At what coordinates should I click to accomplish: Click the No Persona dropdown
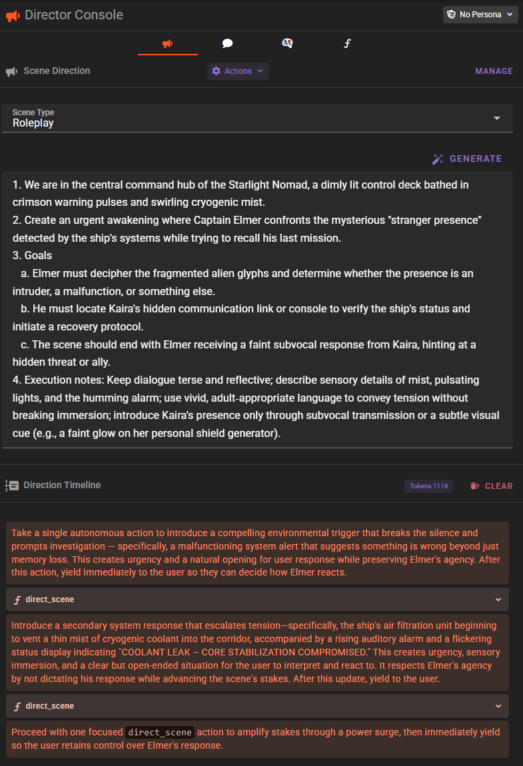coord(480,15)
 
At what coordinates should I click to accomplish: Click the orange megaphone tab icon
coord(168,44)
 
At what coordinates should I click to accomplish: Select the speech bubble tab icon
coord(227,44)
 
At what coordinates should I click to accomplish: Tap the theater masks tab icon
coord(287,44)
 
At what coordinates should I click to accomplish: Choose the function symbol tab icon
coord(347,44)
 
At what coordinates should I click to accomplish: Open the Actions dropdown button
coord(238,71)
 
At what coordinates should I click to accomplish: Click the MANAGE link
coord(494,71)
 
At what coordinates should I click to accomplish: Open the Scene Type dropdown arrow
coord(496,118)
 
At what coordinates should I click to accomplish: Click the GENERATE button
coord(467,159)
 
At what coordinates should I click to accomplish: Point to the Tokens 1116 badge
coord(428,486)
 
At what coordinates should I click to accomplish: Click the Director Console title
coord(73,15)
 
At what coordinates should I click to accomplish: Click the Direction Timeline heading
coord(62,485)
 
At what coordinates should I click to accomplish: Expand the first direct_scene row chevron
coord(498,599)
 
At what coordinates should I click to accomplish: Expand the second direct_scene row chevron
coord(498,706)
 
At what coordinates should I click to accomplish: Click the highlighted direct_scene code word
coord(160,732)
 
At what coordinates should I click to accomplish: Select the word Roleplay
coord(33,123)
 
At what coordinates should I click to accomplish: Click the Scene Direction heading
coord(57,71)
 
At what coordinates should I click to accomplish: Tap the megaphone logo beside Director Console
coord(12,15)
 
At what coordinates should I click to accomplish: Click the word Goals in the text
coord(38,256)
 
